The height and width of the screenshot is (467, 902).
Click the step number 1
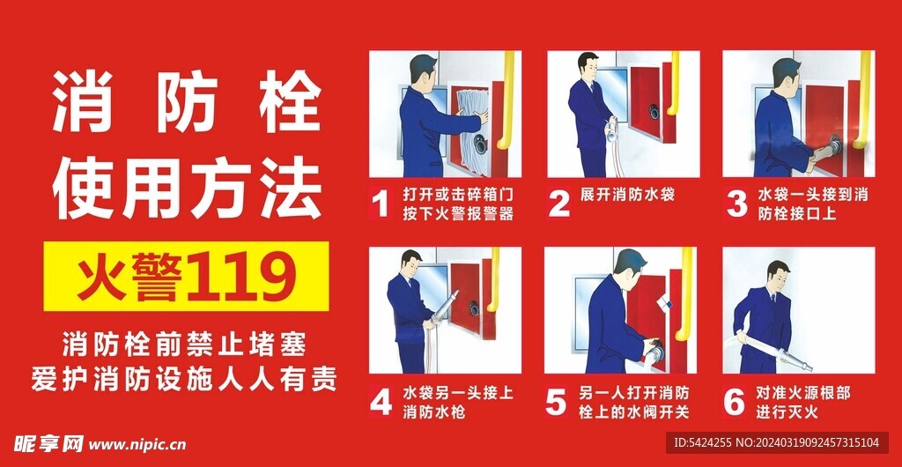pos(379,204)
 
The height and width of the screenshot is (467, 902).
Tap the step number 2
pos(558,204)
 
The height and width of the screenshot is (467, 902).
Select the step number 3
pos(736,204)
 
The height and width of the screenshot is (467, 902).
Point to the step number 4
pos(381,402)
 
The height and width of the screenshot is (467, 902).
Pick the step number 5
pos(557,402)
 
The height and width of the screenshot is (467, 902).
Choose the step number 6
pos(734,402)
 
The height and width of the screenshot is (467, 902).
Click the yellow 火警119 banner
pos(187,277)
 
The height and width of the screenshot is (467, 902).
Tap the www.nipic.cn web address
pos(137,445)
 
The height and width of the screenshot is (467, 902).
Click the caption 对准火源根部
pos(803,393)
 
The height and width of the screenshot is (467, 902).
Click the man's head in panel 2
pos(588,67)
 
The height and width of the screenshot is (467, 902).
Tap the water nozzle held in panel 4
pos(445,306)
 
